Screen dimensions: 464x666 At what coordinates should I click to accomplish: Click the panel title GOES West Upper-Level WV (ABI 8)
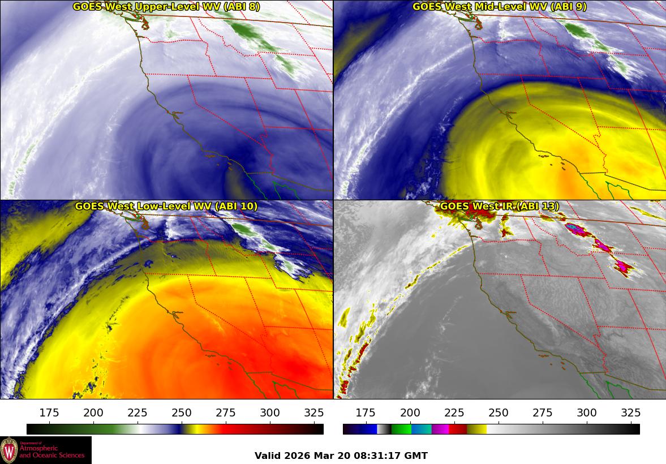pyautogui.click(x=166, y=7)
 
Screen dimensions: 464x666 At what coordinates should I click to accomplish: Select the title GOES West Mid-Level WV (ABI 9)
pyautogui.click(x=499, y=7)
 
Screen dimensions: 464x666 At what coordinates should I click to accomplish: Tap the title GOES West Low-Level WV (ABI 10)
pyautogui.click(x=166, y=207)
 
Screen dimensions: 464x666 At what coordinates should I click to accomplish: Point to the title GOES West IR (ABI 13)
pyautogui.click(x=499, y=207)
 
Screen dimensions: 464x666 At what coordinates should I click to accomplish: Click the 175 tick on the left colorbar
pyautogui.click(x=50, y=413)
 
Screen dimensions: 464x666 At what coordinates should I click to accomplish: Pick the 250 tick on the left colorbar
pyautogui.click(x=182, y=413)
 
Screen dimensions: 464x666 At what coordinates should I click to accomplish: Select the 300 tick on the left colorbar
pyautogui.click(x=270, y=413)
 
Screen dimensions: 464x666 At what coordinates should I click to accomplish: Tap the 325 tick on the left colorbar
pyautogui.click(x=314, y=413)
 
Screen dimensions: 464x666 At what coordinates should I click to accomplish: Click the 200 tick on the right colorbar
pyautogui.click(x=410, y=413)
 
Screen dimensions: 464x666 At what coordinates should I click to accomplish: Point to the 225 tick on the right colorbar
pyautogui.click(x=454, y=413)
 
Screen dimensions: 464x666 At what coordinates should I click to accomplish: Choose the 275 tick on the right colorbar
pyautogui.click(x=543, y=413)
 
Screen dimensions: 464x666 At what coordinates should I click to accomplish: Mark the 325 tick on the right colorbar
pyautogui.click(x=631, y=413)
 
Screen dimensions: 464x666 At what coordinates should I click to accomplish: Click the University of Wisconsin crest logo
pyautogui.click(x=9, y=450)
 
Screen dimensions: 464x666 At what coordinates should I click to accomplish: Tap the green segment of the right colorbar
pyautogui.click(x=401, y=429)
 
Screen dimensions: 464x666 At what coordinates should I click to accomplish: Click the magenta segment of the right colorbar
pyautogui.click(x=440, y=429)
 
